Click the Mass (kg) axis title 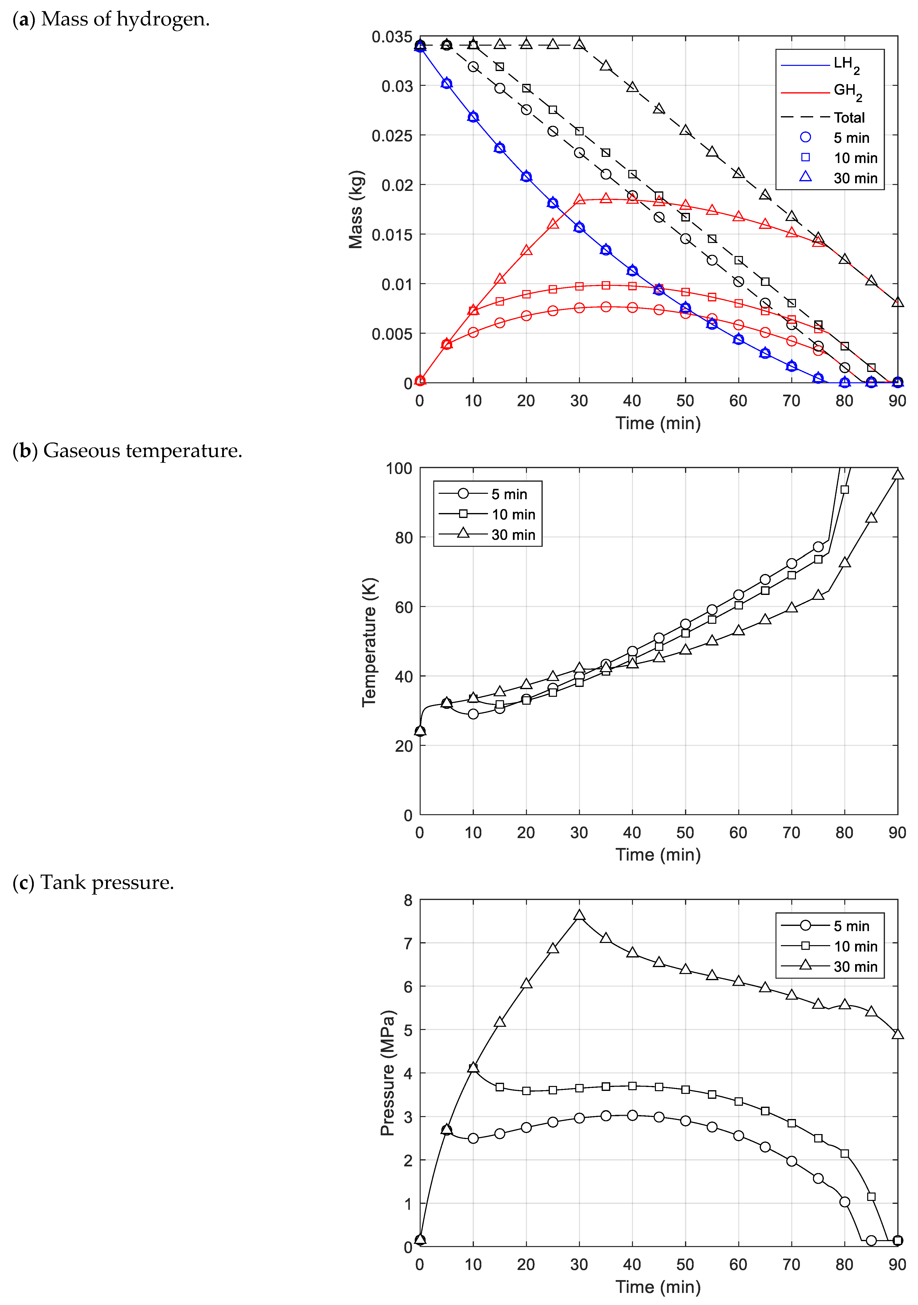coord(356,209)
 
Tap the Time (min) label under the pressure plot coord(658,1287)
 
